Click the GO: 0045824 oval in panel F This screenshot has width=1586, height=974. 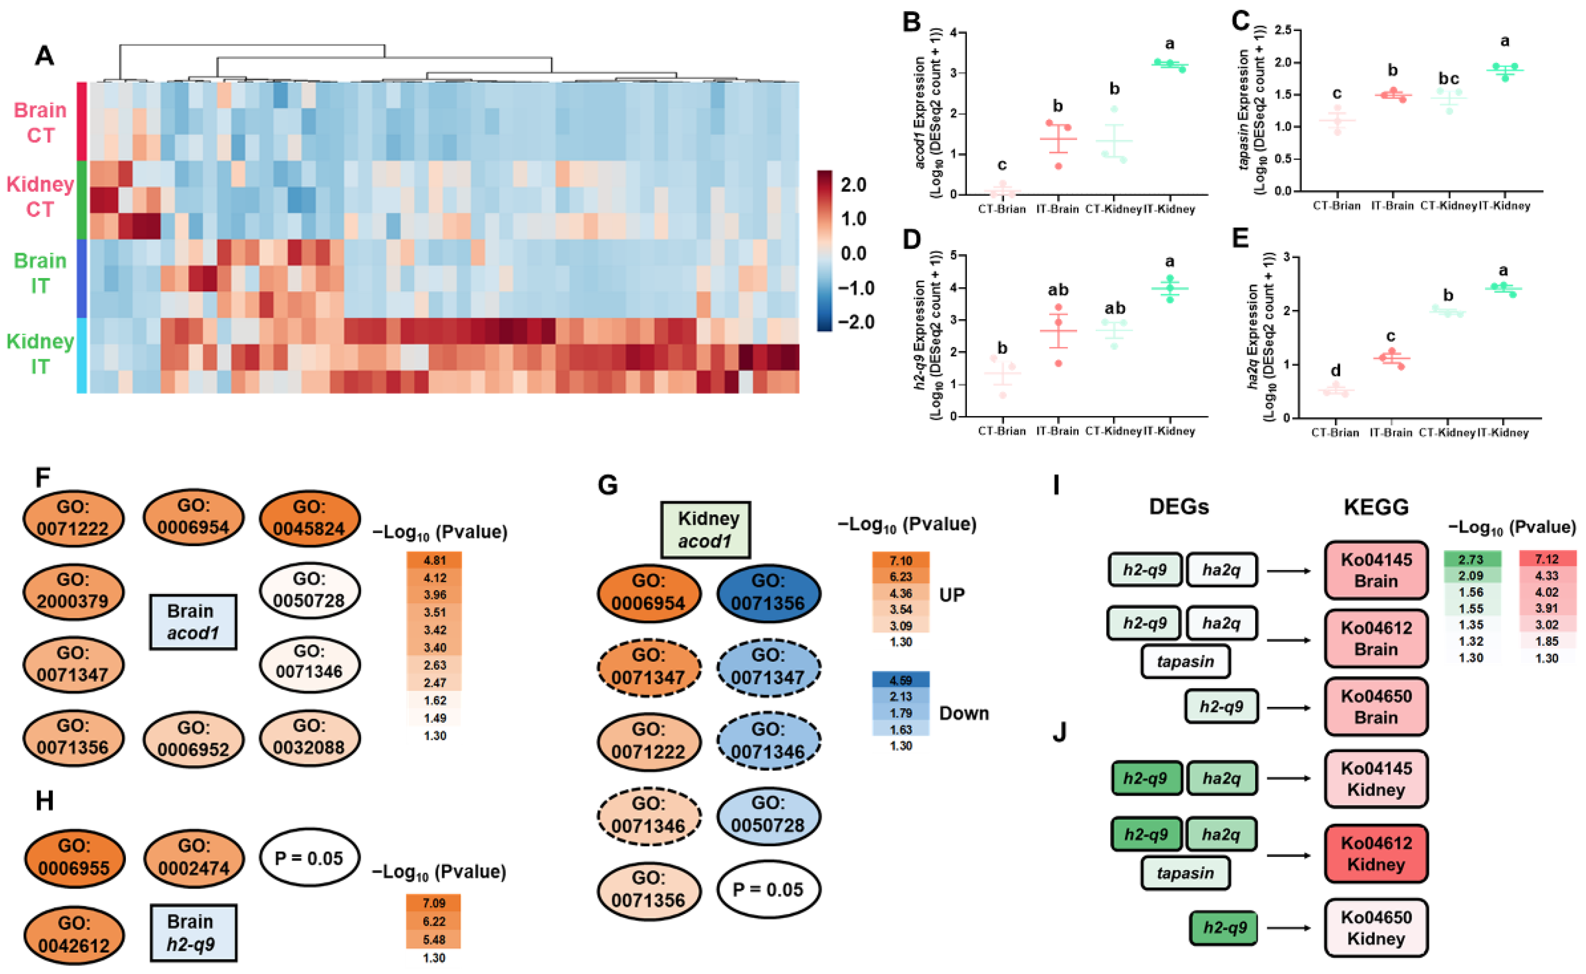tap(309, 518)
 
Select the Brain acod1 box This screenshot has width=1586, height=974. tap(193, 622)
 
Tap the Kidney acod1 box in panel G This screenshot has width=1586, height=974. tap(705, 530)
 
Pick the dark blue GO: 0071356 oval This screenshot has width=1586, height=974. tap(768, 592)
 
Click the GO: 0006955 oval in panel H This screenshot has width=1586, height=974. tap(74, 857)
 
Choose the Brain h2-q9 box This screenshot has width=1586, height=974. tap(193, 932)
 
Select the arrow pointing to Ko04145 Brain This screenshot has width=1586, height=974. tap(1288, 571)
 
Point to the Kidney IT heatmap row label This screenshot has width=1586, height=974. tap(40, 354)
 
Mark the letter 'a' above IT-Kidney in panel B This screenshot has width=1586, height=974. tap(1169, 44)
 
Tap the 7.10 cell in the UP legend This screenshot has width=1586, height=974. tap(900, 560)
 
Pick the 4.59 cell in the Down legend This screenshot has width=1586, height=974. tap(900, 679)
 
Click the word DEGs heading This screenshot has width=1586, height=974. tap(1178, 507)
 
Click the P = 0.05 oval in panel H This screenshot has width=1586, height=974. tap(309, 857)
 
